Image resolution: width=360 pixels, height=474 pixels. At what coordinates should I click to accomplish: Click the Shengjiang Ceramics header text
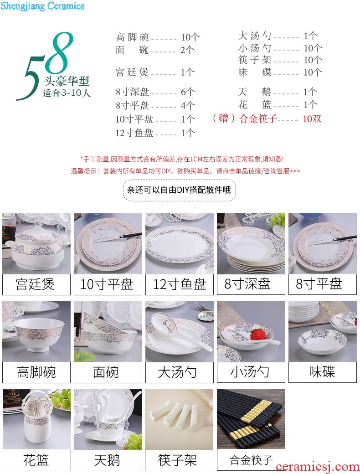pos(42,6)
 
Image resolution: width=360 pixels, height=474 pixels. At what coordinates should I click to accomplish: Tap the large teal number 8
pos(60,52)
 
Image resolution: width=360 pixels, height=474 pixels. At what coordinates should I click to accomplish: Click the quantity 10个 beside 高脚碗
pos(190,37)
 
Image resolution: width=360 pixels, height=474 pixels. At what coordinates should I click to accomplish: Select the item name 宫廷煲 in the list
pos(132,72)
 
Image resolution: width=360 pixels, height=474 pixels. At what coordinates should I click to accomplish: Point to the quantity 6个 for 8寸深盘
pos(188,92)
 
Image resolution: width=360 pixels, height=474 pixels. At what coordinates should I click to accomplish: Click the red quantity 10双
pos(312,118)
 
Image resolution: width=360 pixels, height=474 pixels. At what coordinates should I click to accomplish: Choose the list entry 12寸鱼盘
pos(134,133)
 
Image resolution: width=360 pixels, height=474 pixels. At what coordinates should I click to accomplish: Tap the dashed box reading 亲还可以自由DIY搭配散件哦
pos(179,190)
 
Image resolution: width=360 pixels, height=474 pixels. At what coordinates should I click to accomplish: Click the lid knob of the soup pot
pos(38,225)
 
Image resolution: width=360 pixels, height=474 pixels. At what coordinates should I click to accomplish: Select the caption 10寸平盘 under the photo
pos(107,284)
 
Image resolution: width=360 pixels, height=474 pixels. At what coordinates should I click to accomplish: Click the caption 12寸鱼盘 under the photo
pos(180,284)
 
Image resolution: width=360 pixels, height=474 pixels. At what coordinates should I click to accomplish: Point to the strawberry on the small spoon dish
pos(258,335)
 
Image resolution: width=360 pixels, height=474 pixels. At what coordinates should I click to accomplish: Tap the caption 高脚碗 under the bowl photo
pos(36,372)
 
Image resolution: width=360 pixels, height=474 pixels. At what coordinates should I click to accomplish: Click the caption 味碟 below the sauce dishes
pos(322,372)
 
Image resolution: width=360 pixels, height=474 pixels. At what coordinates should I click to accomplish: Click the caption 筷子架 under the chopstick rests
pos(177,460)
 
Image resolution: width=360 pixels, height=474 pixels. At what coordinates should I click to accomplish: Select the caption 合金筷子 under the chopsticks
pos(251,460)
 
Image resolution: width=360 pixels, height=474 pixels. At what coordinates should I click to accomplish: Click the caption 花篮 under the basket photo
pos(36,460)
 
